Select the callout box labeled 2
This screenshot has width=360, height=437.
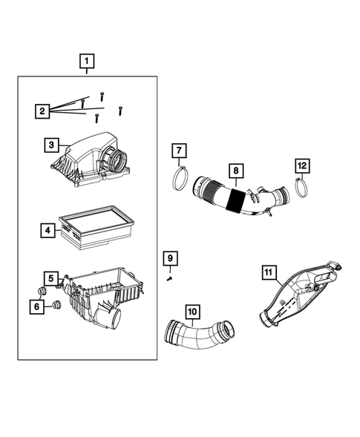43,111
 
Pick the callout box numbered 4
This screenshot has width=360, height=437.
46,231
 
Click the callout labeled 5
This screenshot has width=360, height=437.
50,279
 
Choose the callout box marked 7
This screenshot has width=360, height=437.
179,151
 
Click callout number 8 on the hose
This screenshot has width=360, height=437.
236,172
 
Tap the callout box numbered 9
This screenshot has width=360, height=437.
170,257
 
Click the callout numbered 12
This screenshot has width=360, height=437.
301,165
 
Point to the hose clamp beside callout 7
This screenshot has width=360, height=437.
178,180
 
